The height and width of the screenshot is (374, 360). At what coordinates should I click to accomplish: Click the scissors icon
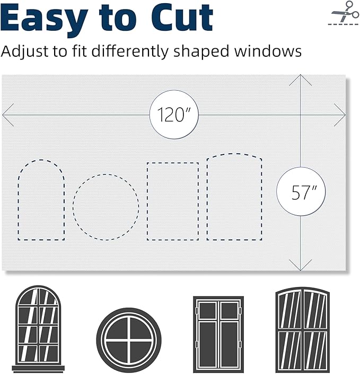click(x=344, y=13)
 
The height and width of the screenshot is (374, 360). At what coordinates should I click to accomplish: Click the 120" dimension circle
click(x=174, y=115)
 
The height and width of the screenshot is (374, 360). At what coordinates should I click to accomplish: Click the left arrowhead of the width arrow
click(x=6, y=115)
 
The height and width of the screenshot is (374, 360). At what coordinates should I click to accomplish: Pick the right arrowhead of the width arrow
click(x=341, y=115)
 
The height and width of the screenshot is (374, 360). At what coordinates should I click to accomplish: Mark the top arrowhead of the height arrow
click(x=301, y=79)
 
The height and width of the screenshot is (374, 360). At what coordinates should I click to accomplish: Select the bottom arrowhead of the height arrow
click(x=301, y=266)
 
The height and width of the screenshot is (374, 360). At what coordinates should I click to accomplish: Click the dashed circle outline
click(x=106, y=207)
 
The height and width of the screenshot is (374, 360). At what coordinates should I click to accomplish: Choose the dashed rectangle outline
click(x=172, y=201)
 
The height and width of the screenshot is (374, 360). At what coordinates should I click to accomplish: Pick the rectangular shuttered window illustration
click(x=218, y=333)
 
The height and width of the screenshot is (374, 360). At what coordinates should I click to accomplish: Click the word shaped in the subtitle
click(x=197, y=52)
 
